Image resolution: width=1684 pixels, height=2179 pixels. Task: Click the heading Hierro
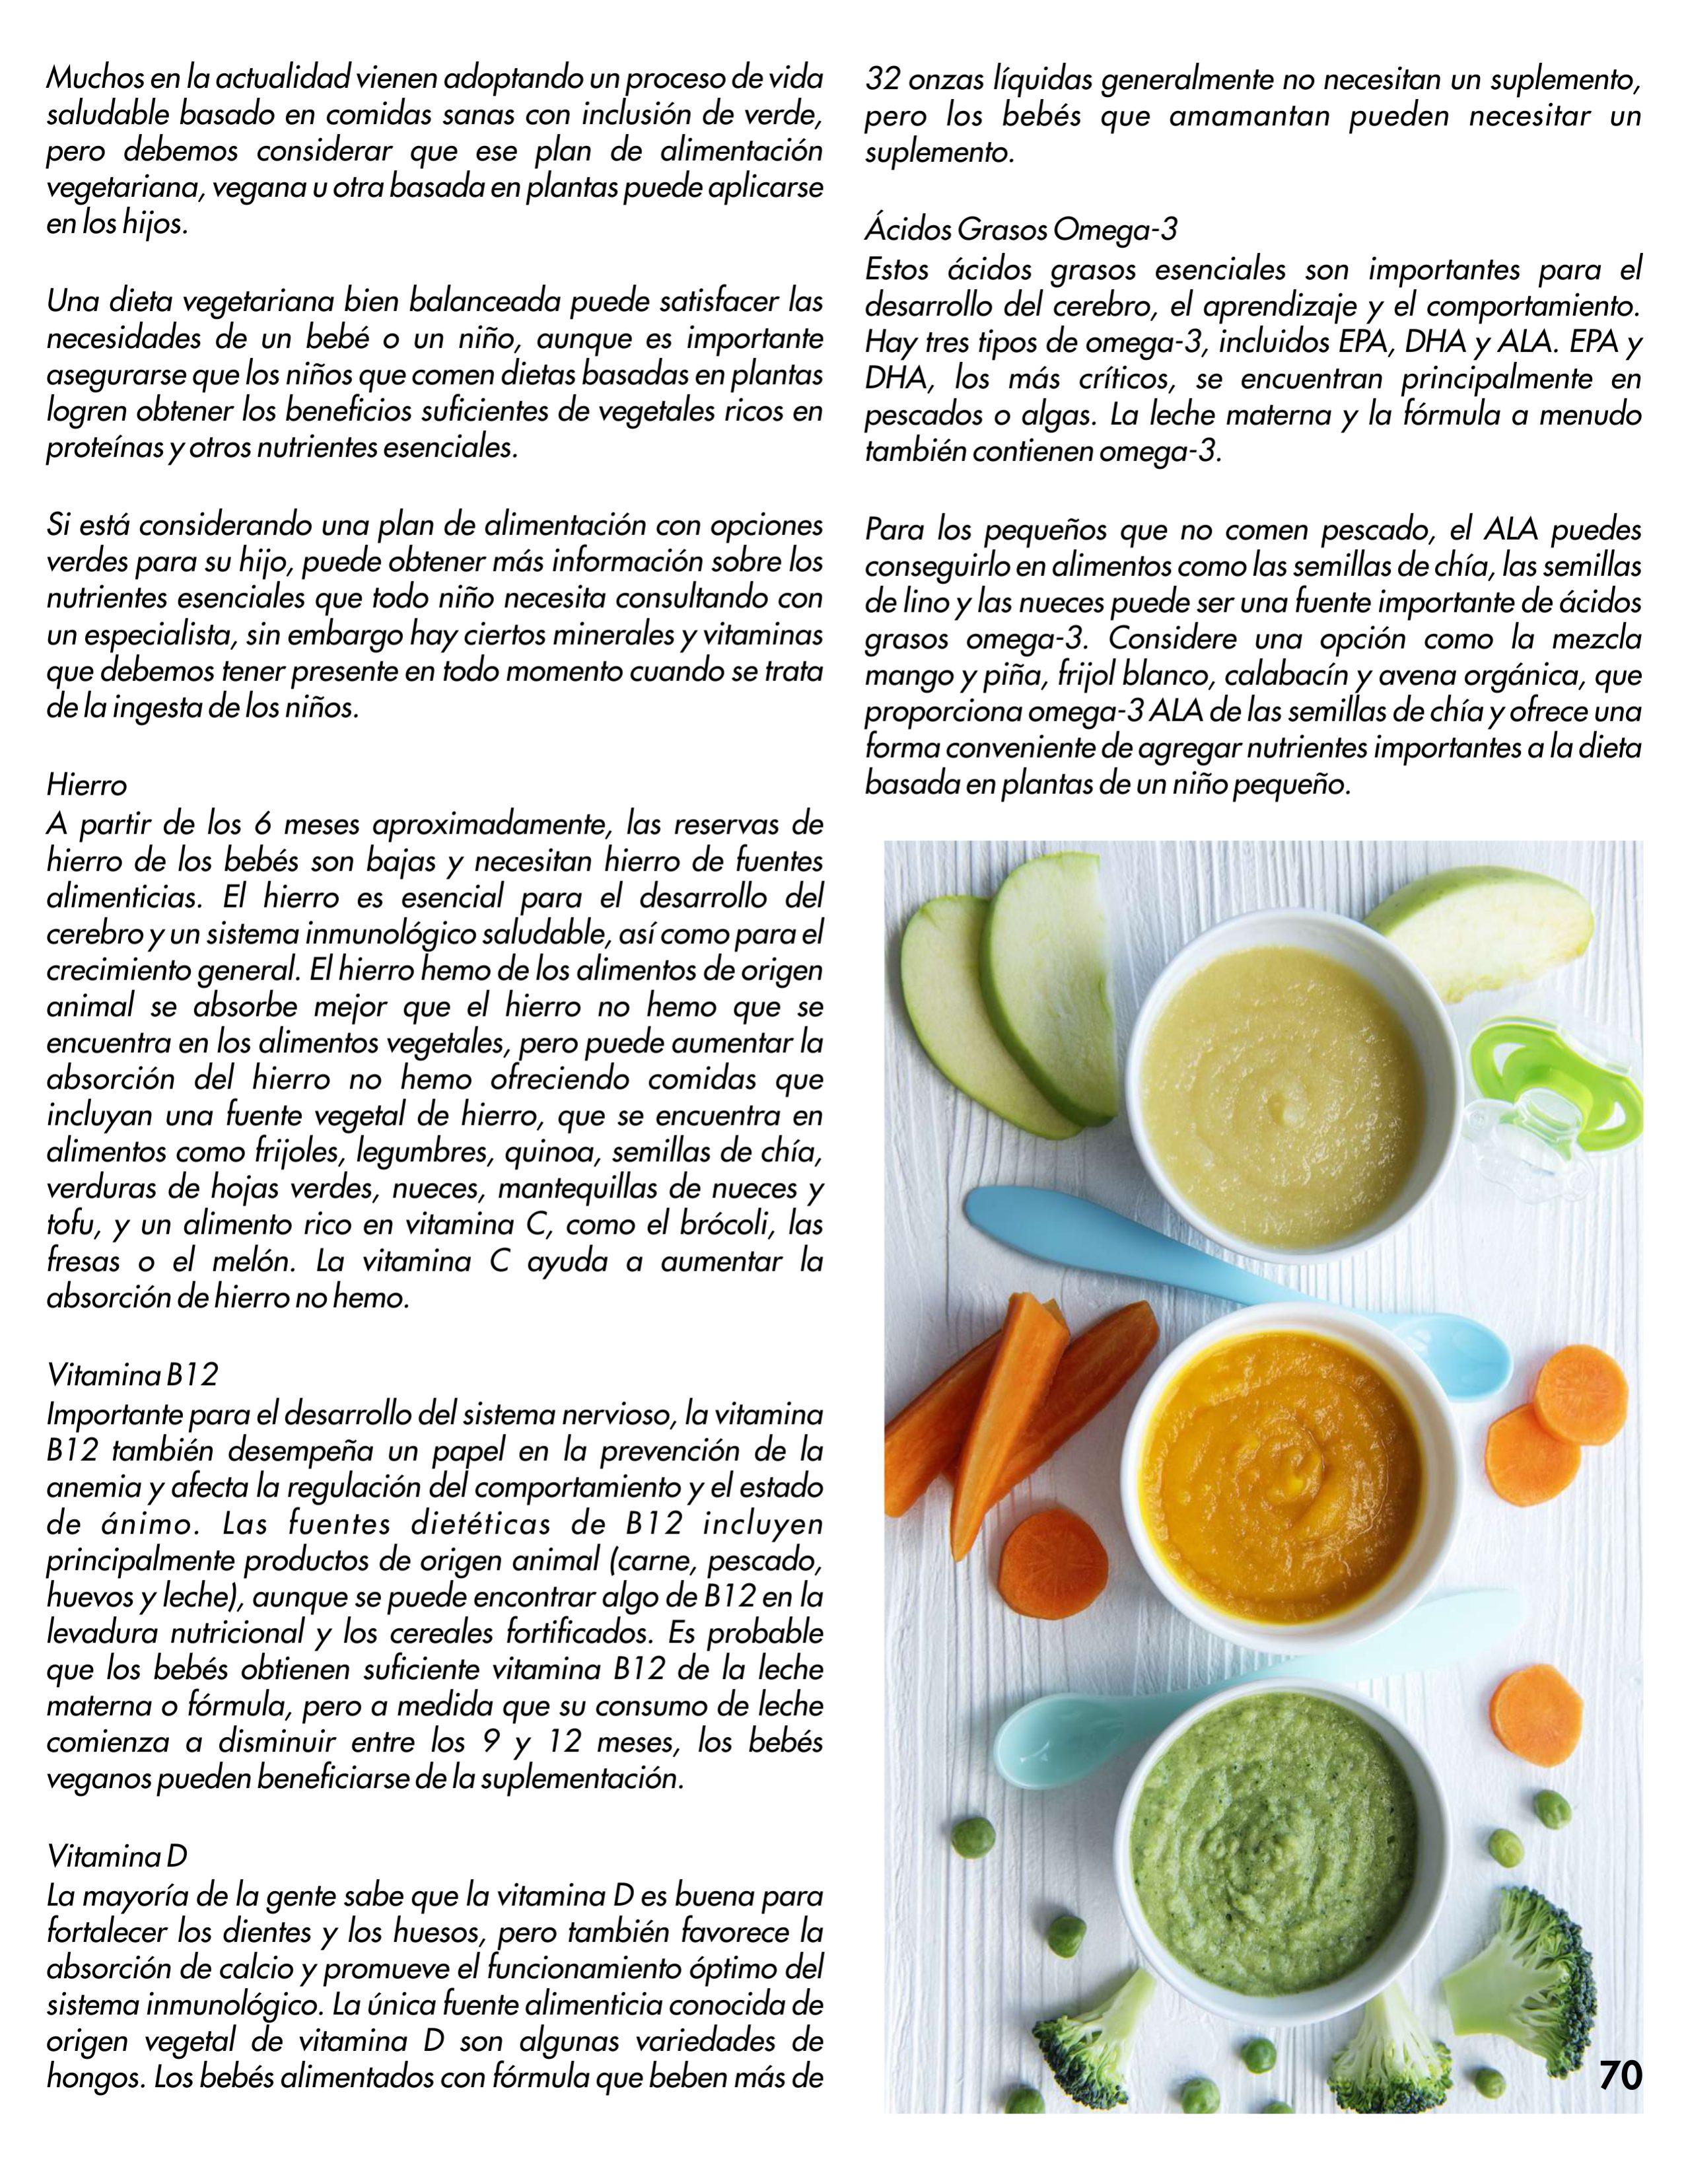click(x=87, y=786)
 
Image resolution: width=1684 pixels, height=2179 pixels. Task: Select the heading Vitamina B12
click(x=131, y=1376)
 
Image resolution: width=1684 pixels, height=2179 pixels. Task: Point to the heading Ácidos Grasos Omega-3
click(x=1020, y=231)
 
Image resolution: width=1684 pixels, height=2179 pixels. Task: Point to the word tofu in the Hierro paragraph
click(x=70, y=1225)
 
